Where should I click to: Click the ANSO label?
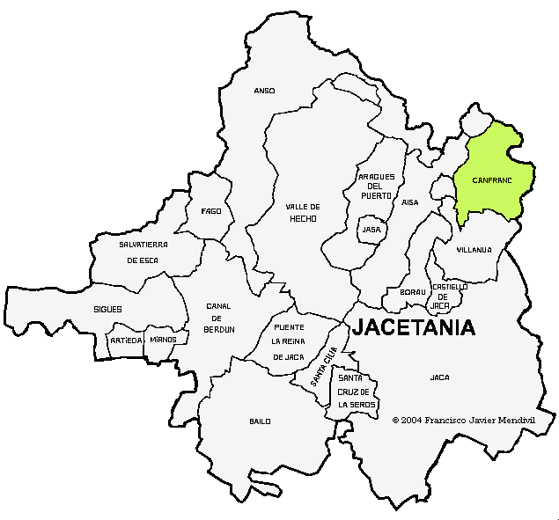[x=264, y=91]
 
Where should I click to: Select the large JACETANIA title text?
[x=414, y=328]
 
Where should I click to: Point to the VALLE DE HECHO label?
[x=302, y=213]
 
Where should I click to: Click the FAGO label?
[x=211, y=211]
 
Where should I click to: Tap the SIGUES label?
[x=107, y=310]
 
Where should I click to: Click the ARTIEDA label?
[x=125, y=340]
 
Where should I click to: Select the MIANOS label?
[x=163, y=340]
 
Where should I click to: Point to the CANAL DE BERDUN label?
[x=219, y=317]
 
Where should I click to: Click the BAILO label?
[x=260, y=421]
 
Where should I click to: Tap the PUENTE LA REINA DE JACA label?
[x=288, y=341]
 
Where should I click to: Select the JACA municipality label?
[x=439, y=377]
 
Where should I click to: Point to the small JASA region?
[x=371, y=230]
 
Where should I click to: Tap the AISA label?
[x=410, y=202]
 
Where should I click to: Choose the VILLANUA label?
[x=474, y=250]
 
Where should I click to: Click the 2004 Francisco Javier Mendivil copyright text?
[x=463, y=420]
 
